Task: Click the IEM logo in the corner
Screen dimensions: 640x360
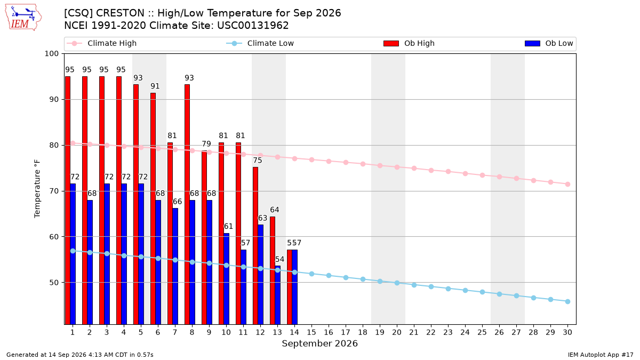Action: (23, 18)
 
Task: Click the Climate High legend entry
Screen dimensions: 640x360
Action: (101, 43)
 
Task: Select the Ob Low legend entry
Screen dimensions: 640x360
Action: (549, 43)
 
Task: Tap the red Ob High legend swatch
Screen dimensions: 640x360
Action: (391, 43)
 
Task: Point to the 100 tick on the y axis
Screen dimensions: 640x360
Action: (51, 54)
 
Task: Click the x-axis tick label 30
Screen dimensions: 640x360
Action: (567, 332)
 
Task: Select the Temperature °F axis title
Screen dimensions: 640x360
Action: (37, 189)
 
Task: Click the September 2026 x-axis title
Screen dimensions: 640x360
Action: (319, 343)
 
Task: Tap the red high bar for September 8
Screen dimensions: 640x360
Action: (187, 204)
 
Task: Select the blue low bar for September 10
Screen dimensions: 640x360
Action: (226, 279)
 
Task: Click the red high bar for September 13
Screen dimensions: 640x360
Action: (273, 270)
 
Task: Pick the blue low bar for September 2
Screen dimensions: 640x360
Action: (90, 262)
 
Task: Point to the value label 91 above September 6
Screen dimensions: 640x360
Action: (155, 86)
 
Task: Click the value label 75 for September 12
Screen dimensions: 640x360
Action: (258, 161)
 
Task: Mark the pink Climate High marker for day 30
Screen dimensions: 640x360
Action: (567, 185)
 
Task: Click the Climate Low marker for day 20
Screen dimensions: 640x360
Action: (397, 283)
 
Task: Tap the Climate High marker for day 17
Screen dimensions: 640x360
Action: (346, 163)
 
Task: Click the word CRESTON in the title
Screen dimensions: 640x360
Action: (120, 13)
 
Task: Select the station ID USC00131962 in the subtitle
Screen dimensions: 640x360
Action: (253, 26)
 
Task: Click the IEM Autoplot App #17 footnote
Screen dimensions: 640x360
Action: (601, 355)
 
